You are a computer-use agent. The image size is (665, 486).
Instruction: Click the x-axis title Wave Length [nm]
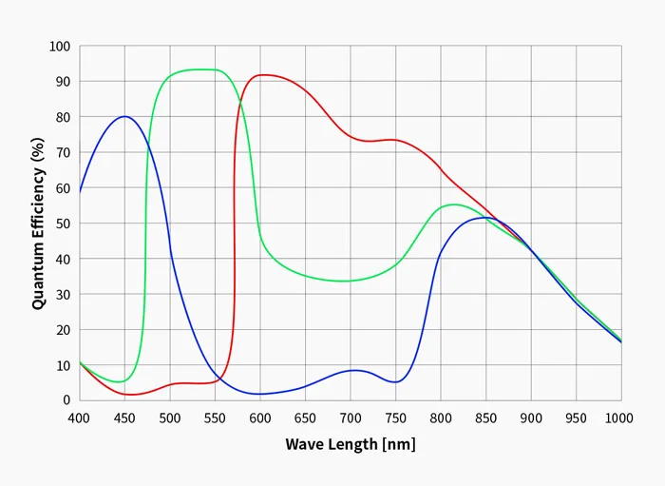(350, 444)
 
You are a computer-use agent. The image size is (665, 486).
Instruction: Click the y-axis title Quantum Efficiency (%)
(38, 224)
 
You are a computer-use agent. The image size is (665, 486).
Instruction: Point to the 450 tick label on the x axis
(124, 418)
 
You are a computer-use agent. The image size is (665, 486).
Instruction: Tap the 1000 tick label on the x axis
(619, 418)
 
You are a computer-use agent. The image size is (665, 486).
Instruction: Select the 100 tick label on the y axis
(60, 47)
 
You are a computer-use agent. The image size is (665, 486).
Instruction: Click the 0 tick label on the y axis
(66, 400)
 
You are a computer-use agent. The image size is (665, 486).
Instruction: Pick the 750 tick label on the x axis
(395, 418)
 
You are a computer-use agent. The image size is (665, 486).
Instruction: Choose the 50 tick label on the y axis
(63, 224)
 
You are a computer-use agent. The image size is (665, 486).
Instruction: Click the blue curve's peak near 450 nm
(124, 116)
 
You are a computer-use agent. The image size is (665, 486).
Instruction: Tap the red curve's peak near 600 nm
(262, 74)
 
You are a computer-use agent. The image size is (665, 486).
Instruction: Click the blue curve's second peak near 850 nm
(484, 218)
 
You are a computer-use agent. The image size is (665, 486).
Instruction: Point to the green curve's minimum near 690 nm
(342, 281)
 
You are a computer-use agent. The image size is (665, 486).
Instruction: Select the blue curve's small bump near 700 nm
(353, 370)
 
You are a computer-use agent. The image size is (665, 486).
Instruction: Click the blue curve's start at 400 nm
(80, 192)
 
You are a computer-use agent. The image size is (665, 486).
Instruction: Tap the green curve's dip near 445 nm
(120, 381)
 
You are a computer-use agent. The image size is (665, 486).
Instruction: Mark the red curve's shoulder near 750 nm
(393, 140)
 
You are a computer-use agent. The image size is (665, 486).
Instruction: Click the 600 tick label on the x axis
(259, 418)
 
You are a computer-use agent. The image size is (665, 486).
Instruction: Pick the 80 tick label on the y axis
(63, 117)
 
